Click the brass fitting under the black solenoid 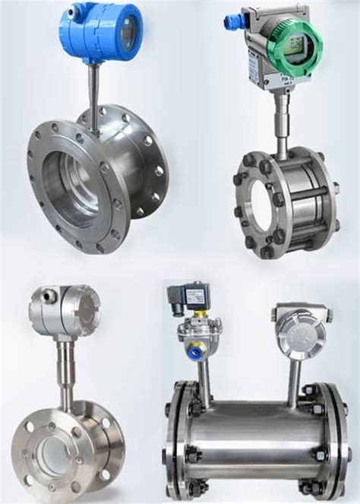pos(201,313)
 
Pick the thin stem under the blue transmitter pos(93,87)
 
